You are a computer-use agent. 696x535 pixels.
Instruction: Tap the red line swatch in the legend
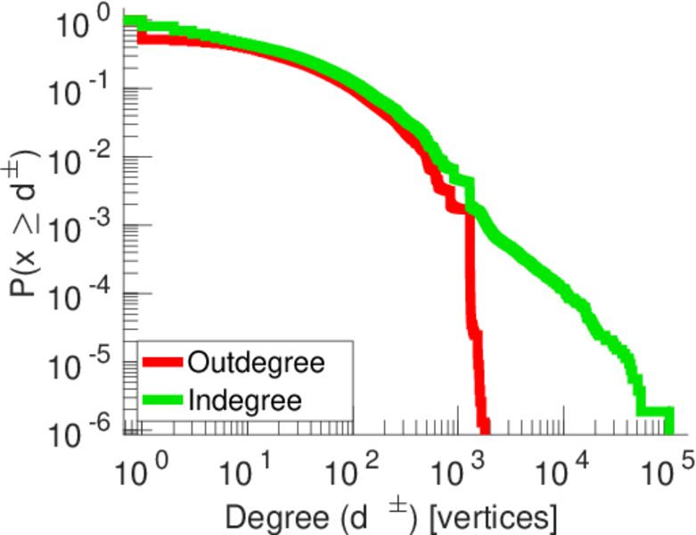[162, 363]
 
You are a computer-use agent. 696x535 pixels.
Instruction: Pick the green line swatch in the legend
[162, 400]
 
